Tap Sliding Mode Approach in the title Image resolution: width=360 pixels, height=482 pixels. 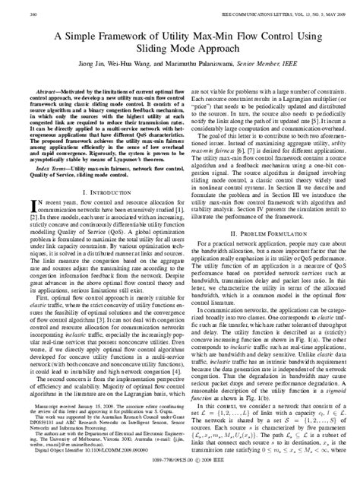180,49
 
